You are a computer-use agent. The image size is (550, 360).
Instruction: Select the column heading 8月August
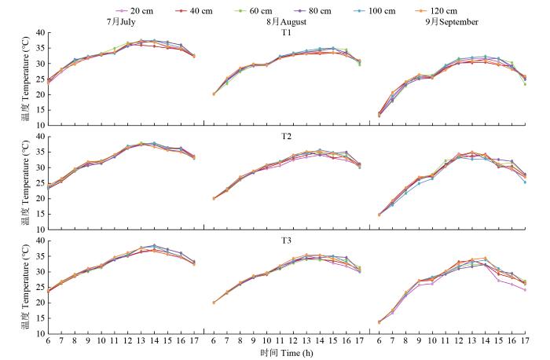click(286, 22)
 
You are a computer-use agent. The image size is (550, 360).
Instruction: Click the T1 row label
click(285, 33)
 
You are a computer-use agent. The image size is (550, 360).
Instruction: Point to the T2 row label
click(285, 136)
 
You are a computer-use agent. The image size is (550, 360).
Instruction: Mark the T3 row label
click(285, 241)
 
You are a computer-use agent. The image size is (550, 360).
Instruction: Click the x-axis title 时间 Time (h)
click(285, 353)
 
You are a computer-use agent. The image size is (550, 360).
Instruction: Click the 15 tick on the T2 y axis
click(37, 215)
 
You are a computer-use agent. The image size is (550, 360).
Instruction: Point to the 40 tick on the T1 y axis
click(37, 34)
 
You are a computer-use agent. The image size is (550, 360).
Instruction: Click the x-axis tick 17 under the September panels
click(525, 341)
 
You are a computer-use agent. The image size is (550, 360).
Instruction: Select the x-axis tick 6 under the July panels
click(48, 341)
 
